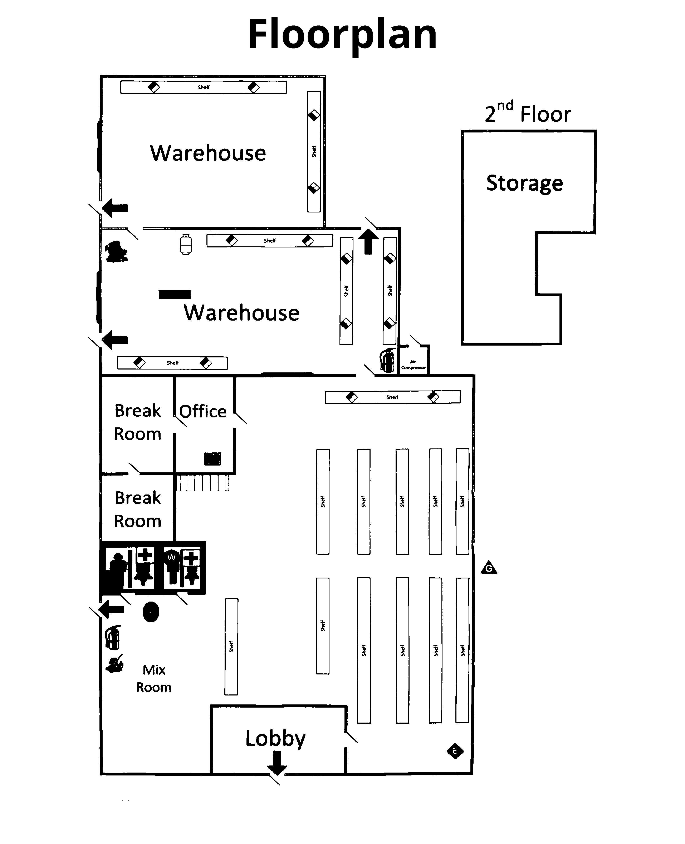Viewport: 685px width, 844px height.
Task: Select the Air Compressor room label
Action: click(x=413, y=365)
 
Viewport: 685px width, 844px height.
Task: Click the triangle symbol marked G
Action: click(x=489, y=568)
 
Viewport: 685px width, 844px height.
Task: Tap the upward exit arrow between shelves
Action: click(x=368, y=242)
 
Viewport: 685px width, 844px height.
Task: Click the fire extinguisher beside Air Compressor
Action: click(x=387, y=360)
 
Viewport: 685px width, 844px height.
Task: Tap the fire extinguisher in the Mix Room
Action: click(x=112, y=638)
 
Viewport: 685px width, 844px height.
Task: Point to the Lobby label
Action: click(x=275, y=738)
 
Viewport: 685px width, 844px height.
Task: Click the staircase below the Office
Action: click(x=202, y=483)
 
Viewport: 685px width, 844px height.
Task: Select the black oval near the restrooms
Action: click(x=151, y=612)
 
